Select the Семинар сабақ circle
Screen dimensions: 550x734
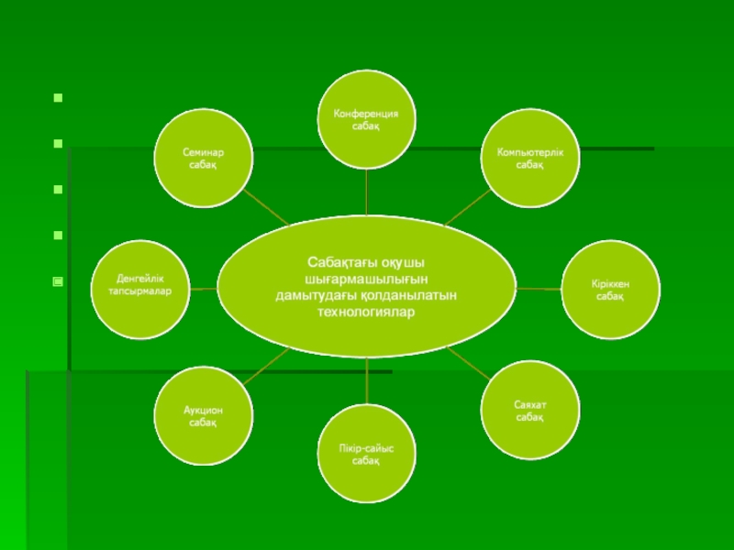tap(203, 158)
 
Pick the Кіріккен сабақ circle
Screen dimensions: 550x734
tap(609, 289)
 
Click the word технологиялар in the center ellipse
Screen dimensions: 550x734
tap(367, 313)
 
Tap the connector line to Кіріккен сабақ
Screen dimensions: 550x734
tap(539, 289)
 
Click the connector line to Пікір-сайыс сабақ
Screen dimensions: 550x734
tap(366, 380)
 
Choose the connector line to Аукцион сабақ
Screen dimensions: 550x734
tap(266, 364)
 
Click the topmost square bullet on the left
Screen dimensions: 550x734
tap(58, 95)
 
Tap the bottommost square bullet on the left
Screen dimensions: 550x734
tap(58, 281)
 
